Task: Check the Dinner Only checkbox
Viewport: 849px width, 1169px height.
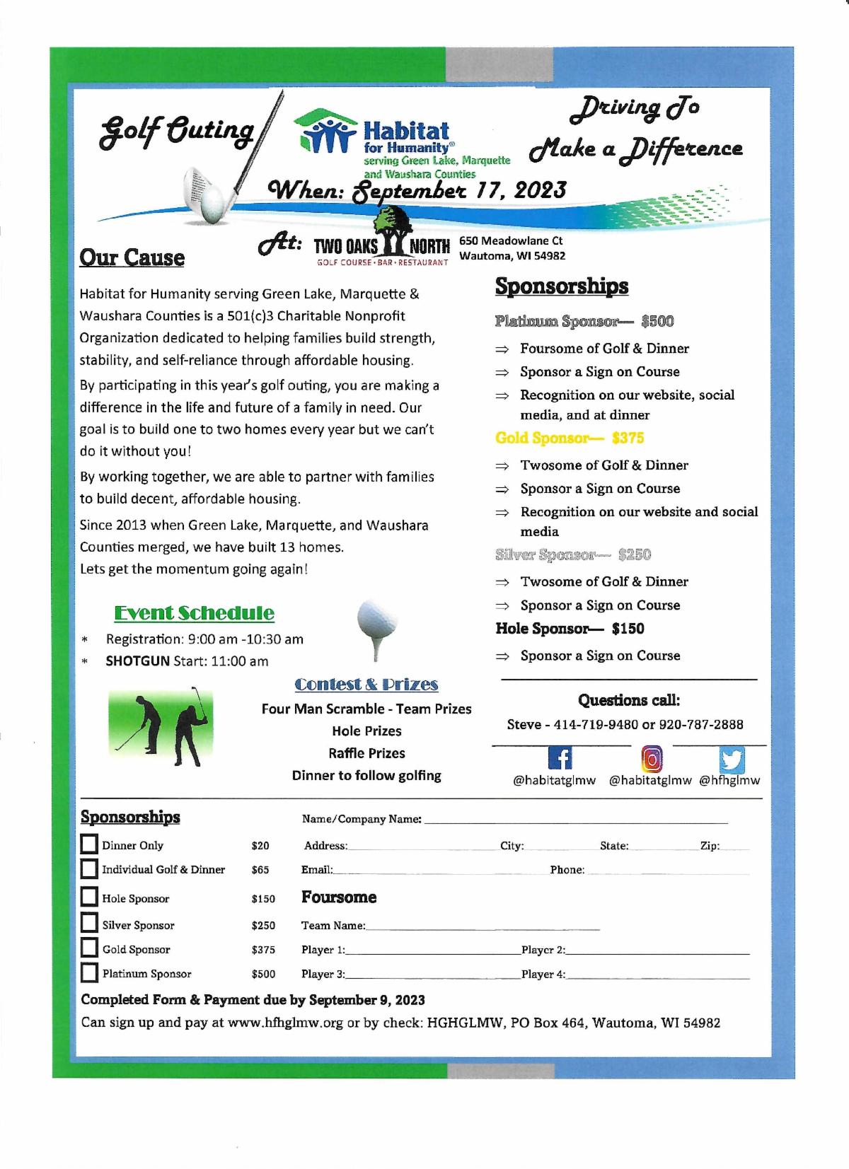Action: coord(89,844)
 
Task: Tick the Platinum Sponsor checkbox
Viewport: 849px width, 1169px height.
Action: coord(89,973)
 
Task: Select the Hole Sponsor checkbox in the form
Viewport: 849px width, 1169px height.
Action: coord(89,897)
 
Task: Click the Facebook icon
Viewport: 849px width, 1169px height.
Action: coord(560,759)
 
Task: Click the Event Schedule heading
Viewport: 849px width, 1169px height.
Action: coord(194,612)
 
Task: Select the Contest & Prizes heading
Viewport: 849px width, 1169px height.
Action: coord(366,684)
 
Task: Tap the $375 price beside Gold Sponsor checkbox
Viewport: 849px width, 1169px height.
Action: coord(263,950)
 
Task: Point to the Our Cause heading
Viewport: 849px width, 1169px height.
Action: coord(132,257)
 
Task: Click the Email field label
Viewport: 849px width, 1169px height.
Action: coord(316,870)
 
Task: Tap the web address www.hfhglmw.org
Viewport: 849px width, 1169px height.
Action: coord(287,1023)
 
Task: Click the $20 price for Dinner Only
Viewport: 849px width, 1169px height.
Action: coord(260,845)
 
